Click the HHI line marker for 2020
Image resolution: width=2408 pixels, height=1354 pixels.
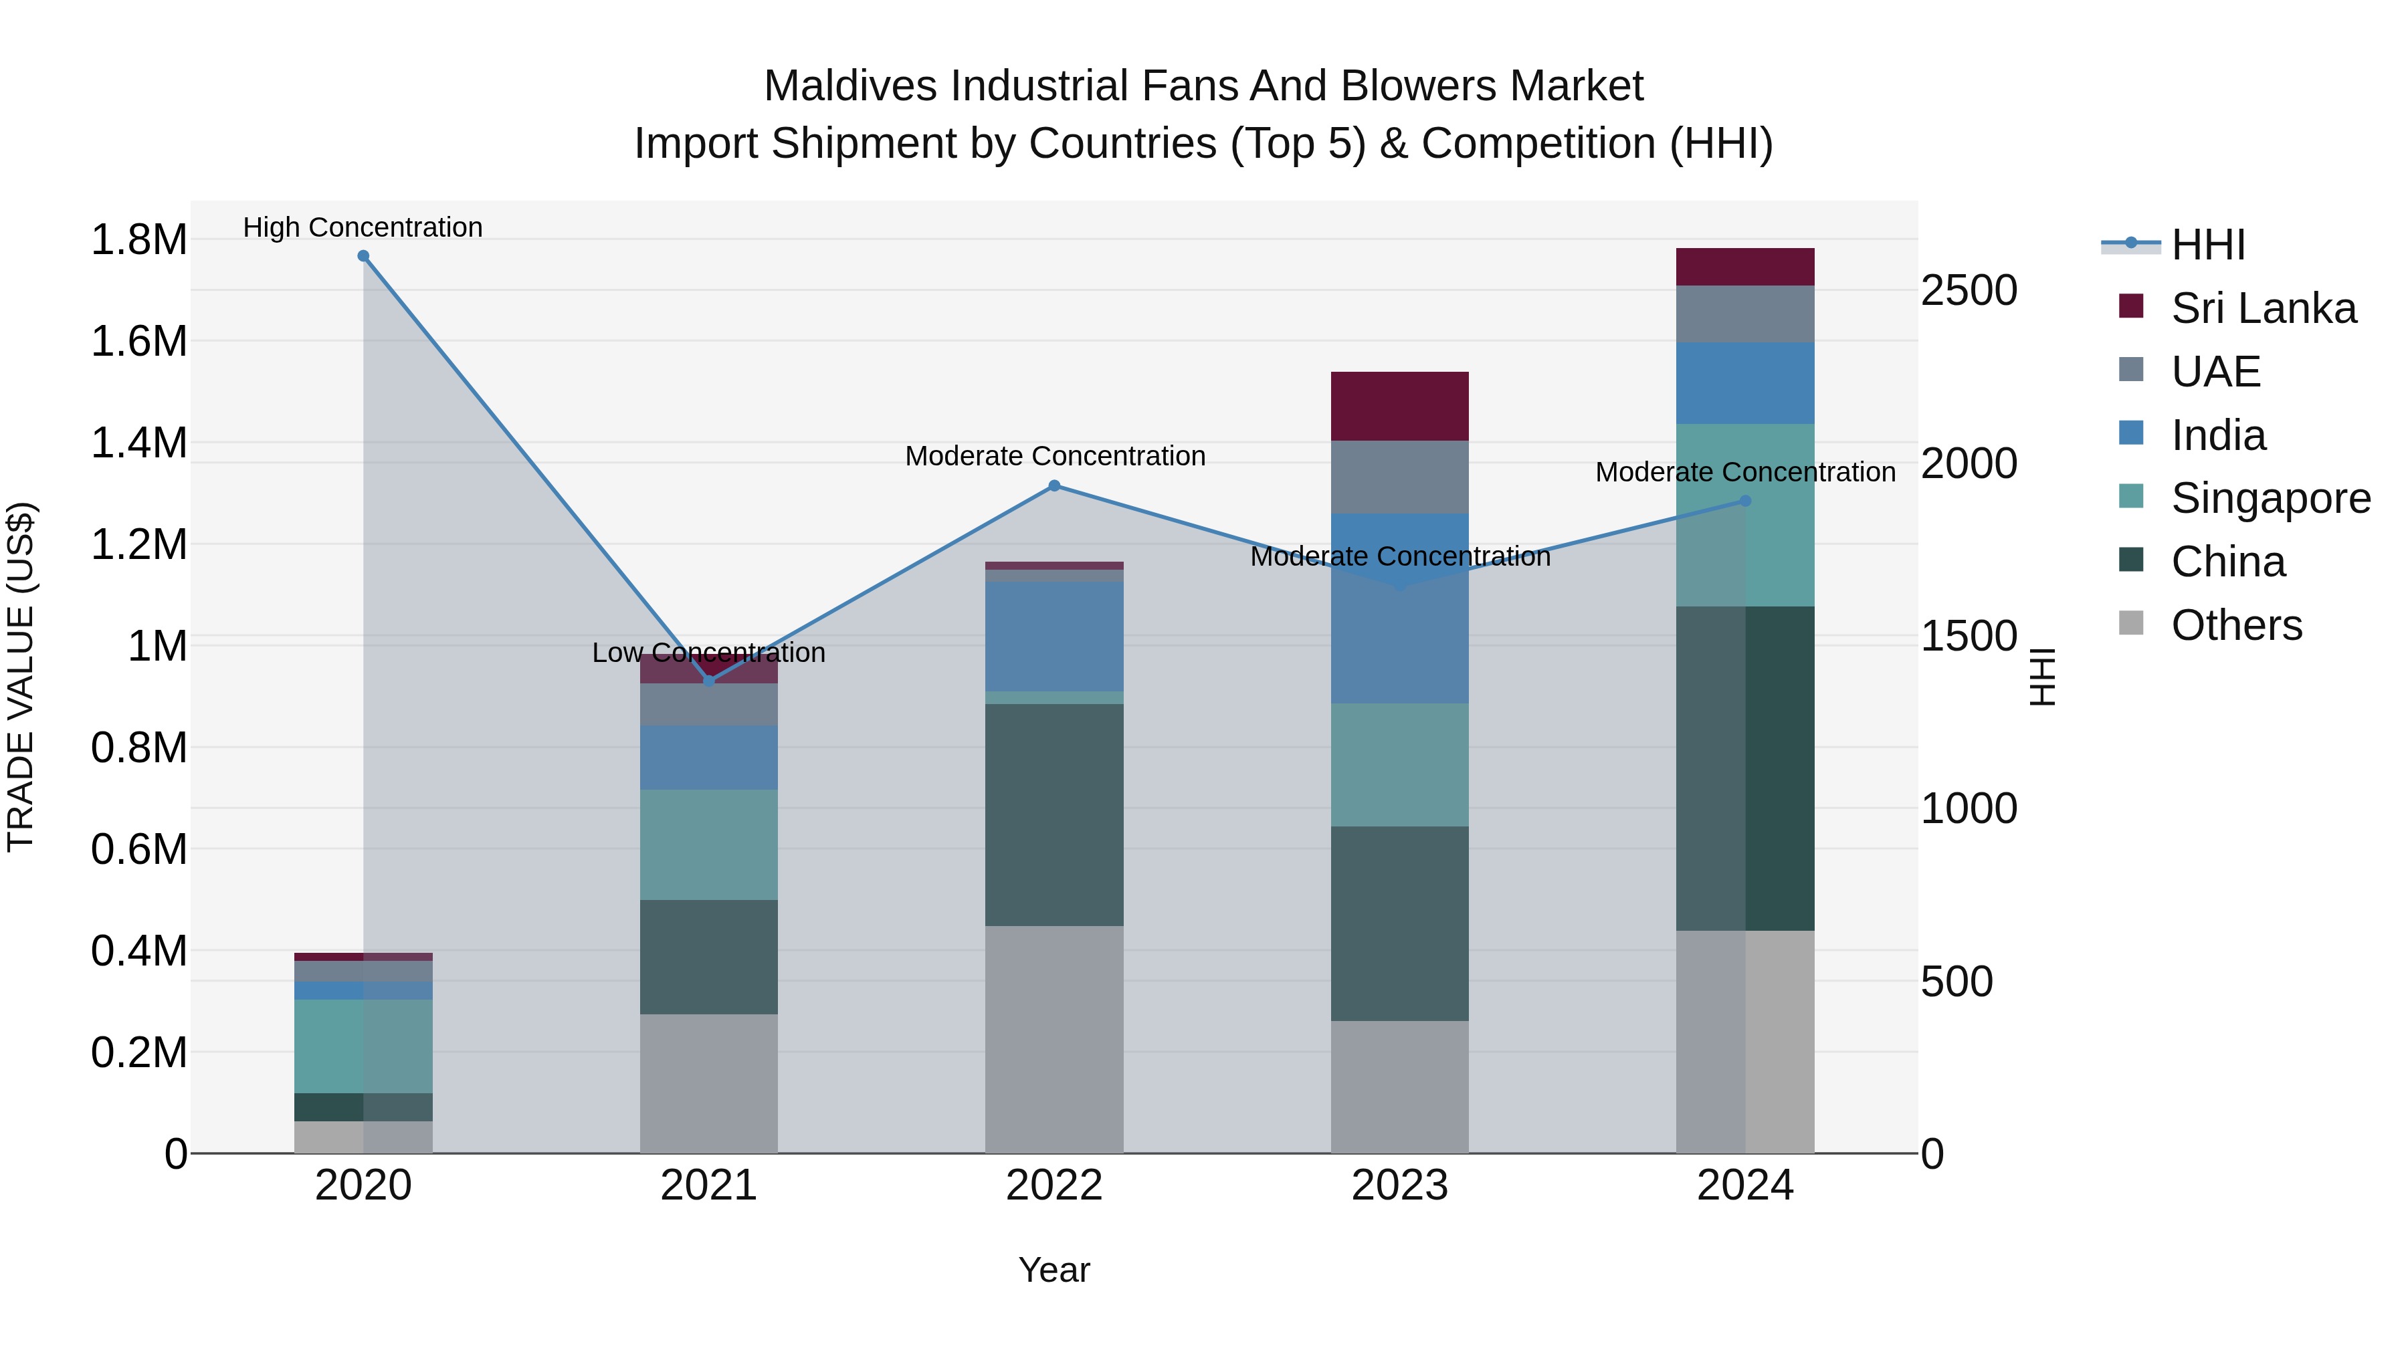click(x=364, y=256)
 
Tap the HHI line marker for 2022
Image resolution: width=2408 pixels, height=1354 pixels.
click(x=1054, y=486)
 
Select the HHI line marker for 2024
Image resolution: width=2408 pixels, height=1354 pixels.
click(x=1745, y=501)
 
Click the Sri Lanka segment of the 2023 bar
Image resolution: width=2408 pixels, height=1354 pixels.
click(x=1399, y=407)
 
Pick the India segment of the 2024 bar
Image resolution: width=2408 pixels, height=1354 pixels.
click(x=1745, y=383)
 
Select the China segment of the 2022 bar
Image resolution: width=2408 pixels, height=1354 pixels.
click(x=1054, y=815)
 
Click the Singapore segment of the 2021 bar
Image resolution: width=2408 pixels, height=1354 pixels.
click(x=708, y=844)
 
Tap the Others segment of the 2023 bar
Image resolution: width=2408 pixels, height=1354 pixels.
click(x=1399, y=1087)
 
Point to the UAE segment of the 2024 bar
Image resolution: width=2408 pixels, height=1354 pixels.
click(x=1745, y=314)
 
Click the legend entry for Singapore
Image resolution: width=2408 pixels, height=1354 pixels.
click(x=2270, y=498)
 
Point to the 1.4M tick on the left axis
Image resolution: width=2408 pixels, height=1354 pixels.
click(x=138, y=443)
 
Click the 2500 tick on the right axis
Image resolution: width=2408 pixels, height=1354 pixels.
click(x=1969, y=291)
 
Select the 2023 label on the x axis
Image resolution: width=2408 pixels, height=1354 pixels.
click(x=1399, y=1186)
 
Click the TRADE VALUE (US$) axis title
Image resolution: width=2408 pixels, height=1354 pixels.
click(x=21, y=677)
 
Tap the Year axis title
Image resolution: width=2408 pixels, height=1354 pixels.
click(x=1053, y=1270)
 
